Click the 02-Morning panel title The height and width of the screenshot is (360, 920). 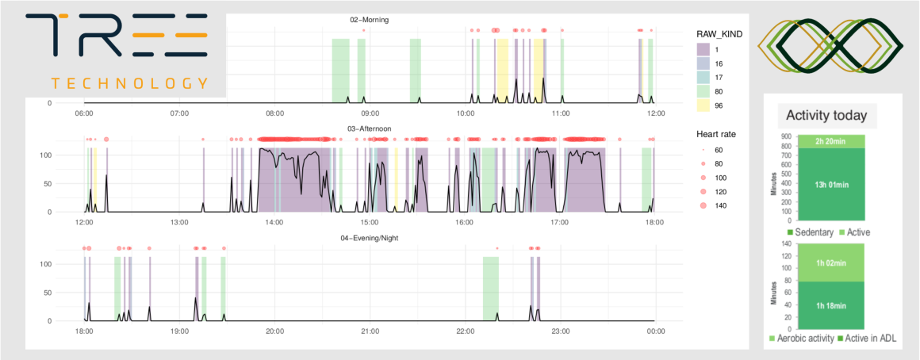[x=370, y=20]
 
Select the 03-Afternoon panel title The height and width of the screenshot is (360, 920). [x=369, y=128]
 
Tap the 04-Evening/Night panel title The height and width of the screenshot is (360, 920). [x=369, y=237]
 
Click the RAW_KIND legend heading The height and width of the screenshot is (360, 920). [x=717, y=35]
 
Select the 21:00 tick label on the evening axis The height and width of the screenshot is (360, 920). [x=370, y=331]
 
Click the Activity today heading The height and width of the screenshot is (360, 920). [x=826, y=116]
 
